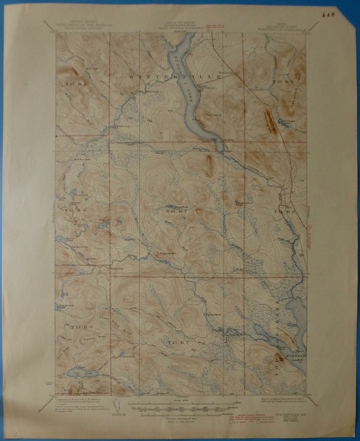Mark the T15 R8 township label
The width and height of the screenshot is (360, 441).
[69, 207]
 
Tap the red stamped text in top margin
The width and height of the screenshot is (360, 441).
[217, 26]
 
